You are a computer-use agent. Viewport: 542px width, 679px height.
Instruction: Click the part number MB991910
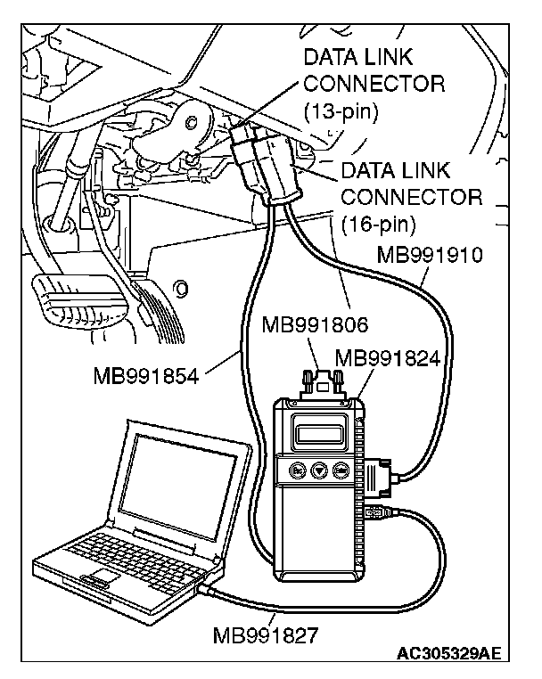430,256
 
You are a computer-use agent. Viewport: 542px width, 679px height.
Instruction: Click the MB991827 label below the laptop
266,635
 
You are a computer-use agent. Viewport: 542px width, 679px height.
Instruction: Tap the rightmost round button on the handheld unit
341,472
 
